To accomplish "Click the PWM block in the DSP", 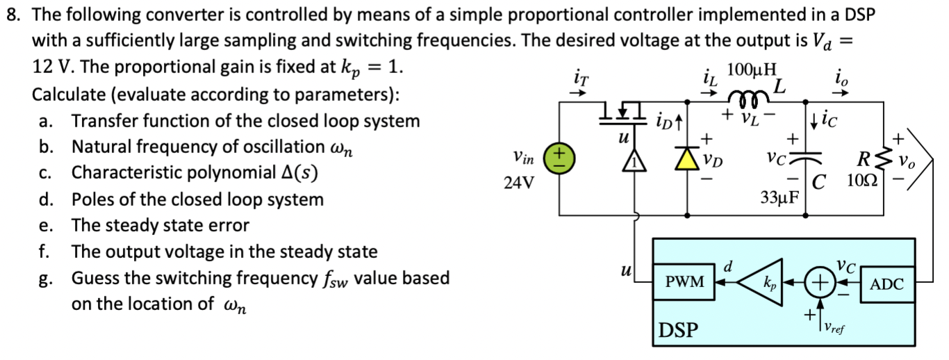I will (685, 283).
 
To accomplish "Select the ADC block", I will (886, 284).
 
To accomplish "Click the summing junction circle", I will (820, 283).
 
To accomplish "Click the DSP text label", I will (678, 329).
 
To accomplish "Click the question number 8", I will (11, 14).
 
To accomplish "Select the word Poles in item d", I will (91, 200).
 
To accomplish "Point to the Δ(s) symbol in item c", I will (297, 173).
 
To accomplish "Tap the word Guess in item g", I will (93, 279).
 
